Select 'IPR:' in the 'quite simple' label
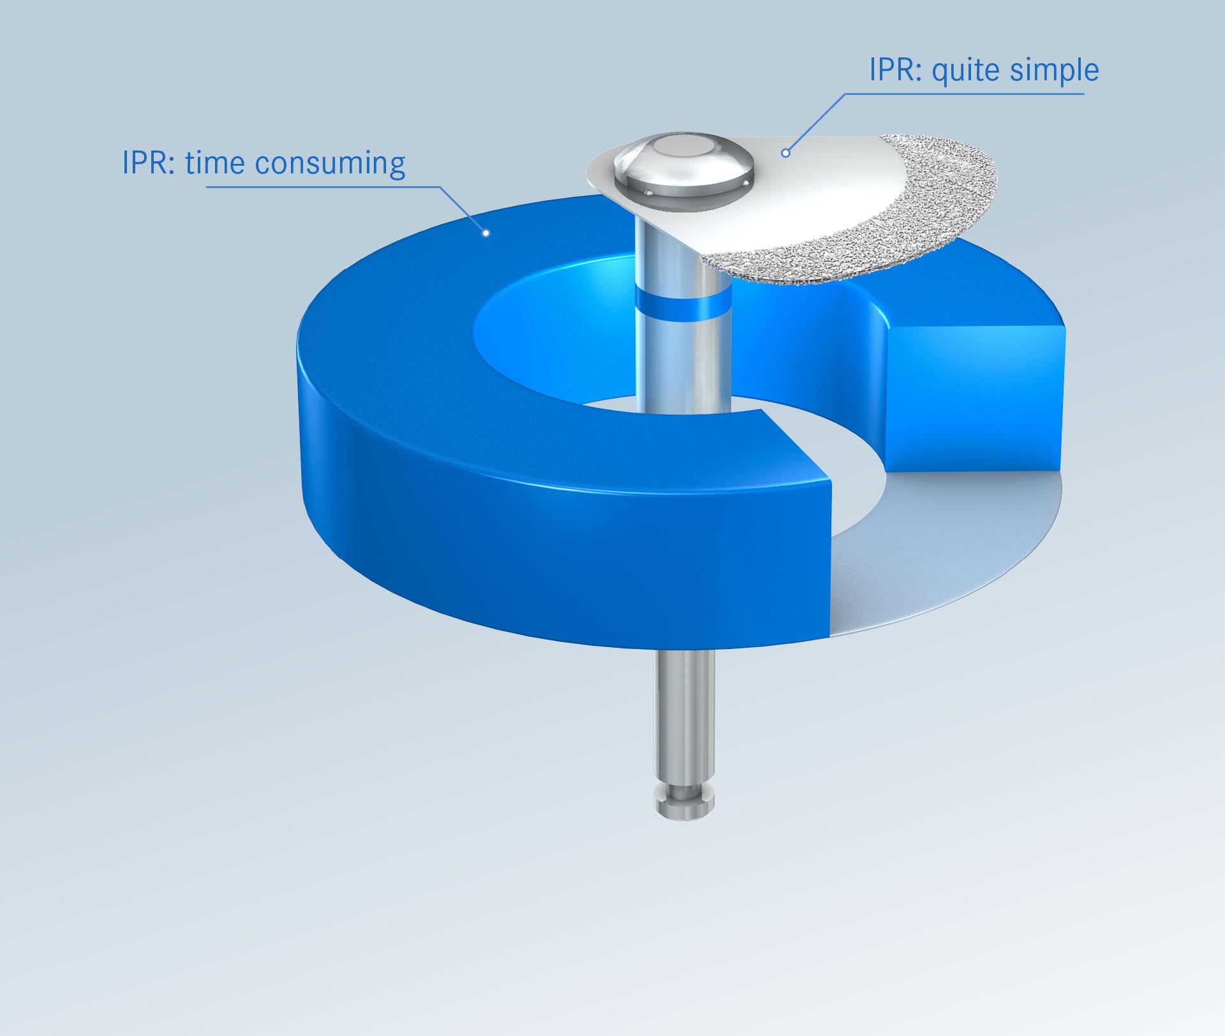896,70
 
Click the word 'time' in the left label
215,163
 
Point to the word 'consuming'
330,164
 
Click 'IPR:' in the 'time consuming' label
149,163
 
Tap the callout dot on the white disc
786,153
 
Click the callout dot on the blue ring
486,233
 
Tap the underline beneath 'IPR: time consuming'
319,187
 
